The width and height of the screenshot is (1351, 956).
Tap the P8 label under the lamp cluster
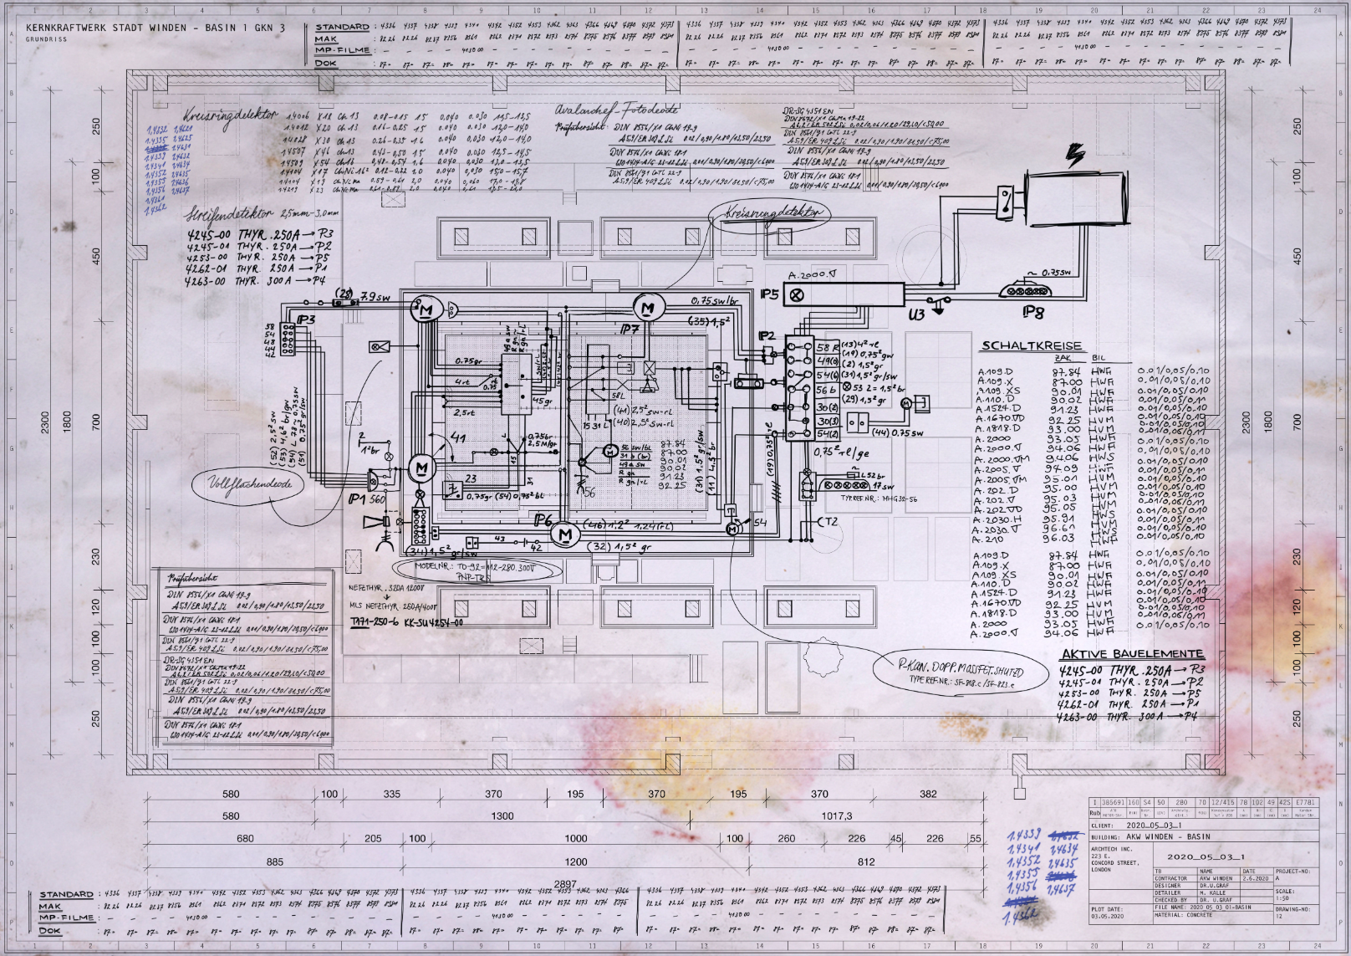1033,312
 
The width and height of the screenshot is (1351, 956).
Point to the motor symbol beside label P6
565,534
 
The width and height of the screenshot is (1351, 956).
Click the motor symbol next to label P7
648,309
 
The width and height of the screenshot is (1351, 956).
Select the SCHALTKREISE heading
1032,345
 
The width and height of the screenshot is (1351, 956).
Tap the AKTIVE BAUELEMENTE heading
1132,654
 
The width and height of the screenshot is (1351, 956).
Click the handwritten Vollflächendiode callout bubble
250,484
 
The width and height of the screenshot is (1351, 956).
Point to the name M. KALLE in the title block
1212,892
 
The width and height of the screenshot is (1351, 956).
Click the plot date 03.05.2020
1107,916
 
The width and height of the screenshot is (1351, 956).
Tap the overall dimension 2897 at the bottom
565,884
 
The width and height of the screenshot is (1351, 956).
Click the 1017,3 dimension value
836,815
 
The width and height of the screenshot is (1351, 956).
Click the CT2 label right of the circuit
826,522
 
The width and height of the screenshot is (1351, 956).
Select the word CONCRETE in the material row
1199,914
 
